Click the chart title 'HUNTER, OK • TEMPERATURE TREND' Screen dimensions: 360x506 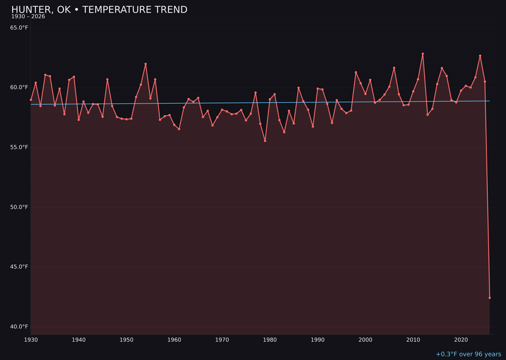[x=99, y=10]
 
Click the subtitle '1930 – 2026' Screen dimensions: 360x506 [x=28, y=17]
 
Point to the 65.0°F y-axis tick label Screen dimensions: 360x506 [x=19, y=28]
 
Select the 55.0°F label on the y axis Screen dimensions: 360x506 [x=19, y=147]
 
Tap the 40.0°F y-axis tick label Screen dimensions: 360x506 [x=19, y=327]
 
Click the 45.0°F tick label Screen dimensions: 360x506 [x=19, y=267]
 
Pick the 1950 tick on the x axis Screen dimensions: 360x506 [x=126, y=340]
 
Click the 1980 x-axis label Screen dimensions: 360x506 [x=270, y=340]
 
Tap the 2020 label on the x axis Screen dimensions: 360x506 [x=461, y=340]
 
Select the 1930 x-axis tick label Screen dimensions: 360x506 [x=31, y=340]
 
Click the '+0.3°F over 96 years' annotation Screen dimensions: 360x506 [x=468, y=354]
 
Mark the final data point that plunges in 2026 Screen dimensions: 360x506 [x=490, y=298]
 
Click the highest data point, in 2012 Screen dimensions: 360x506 [x=423, y=54]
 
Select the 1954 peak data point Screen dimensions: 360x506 [x=146, y=64]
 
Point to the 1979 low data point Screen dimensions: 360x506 [x=265, y=141]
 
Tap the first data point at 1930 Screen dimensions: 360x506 [x=31, y=100]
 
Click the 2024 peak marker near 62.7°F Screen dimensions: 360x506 [x=480, y=56]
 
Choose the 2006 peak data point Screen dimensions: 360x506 [x=394, y=68]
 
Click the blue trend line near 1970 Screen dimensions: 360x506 [x=222, y=103]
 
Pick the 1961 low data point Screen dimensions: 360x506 [x=179, y=129]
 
